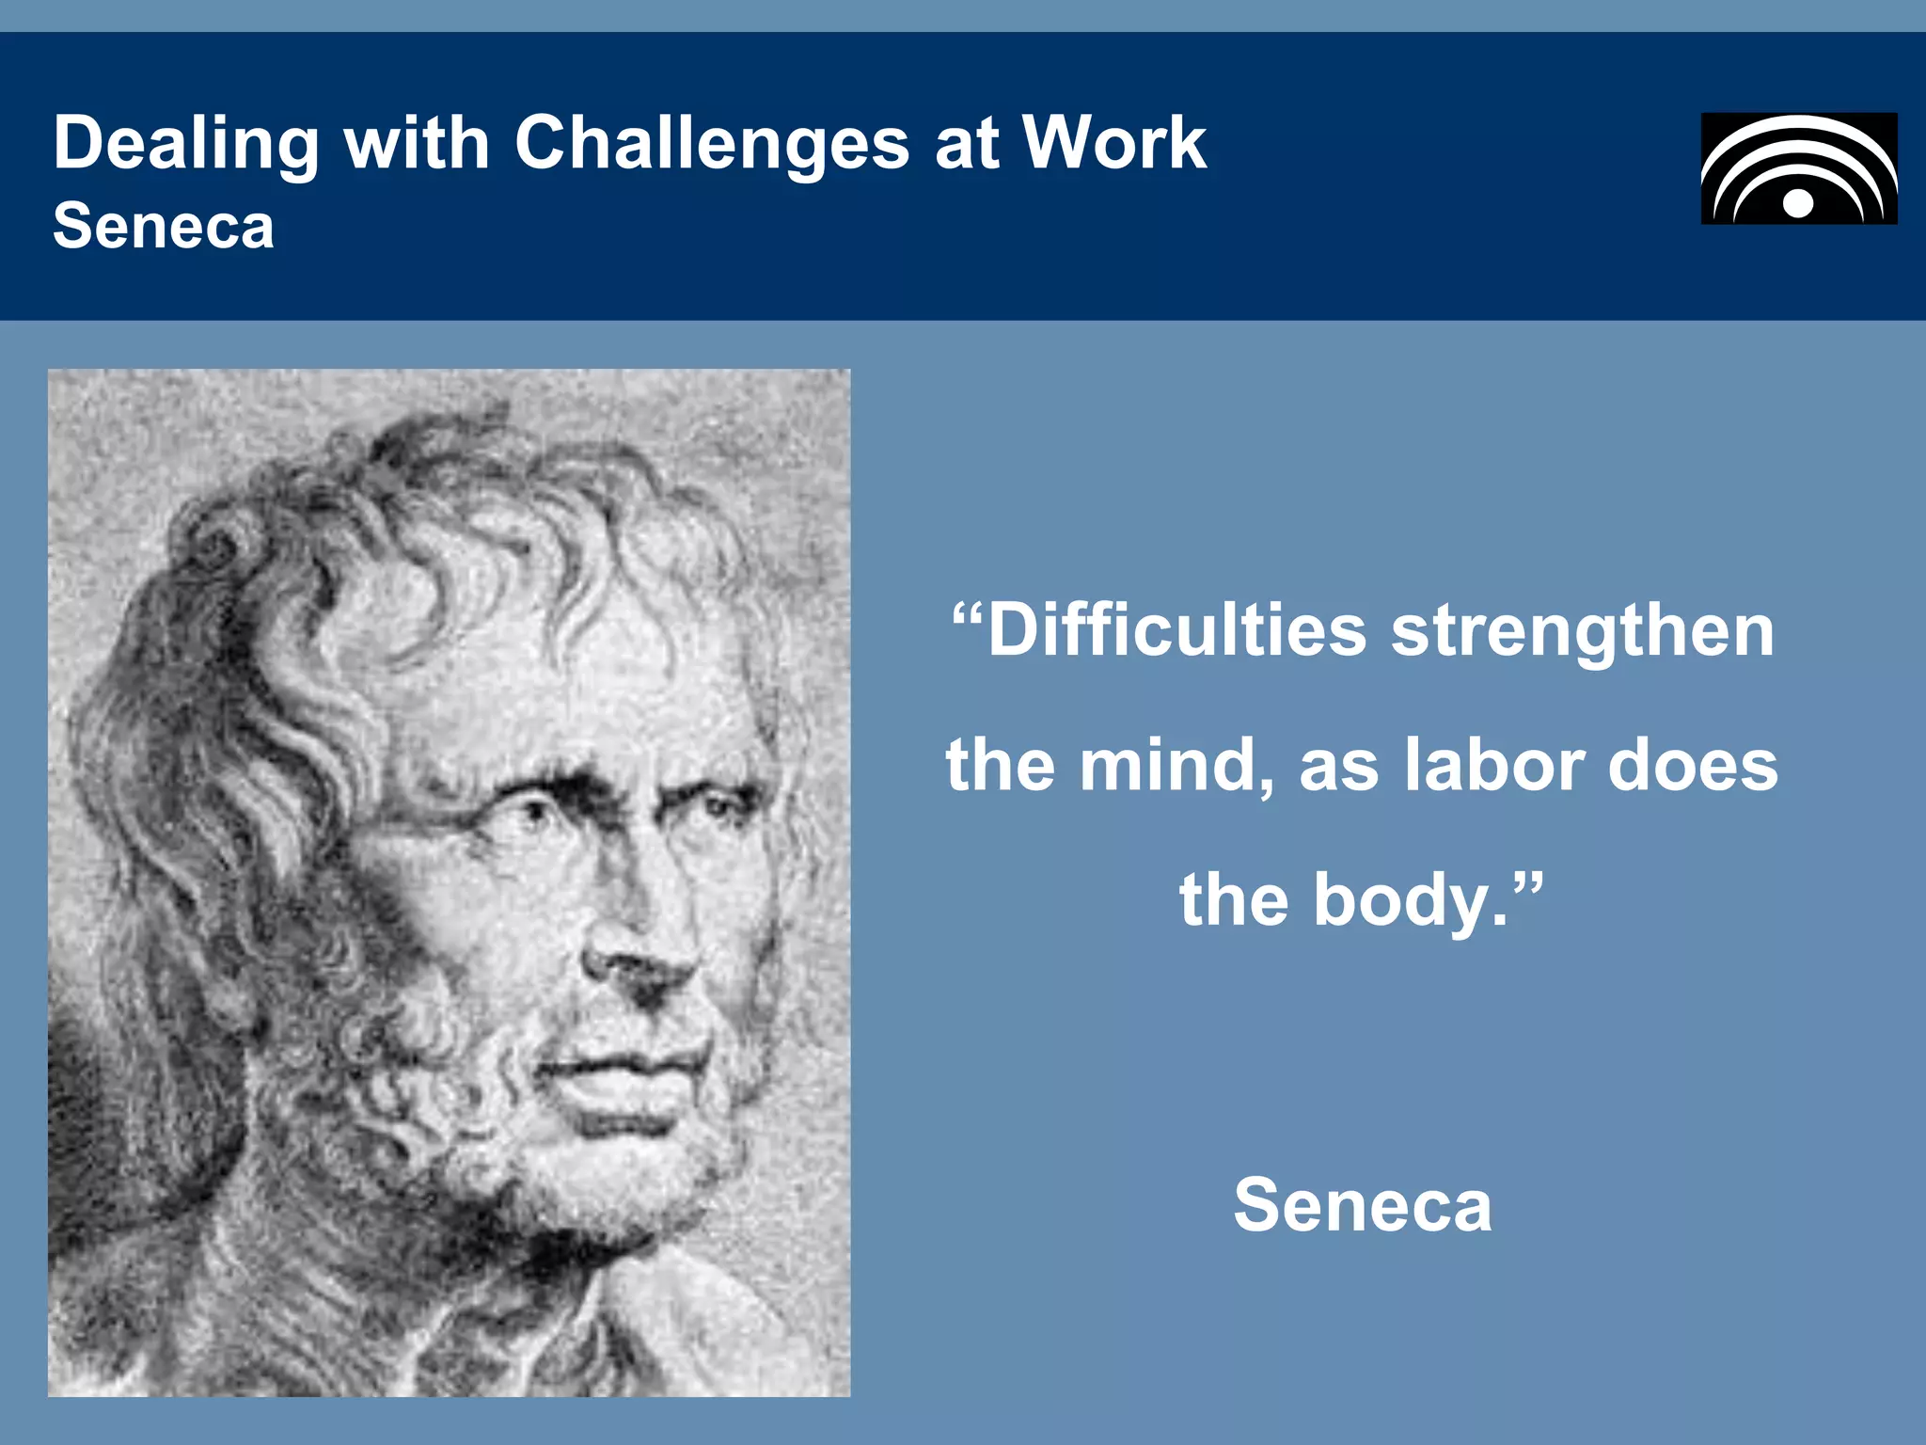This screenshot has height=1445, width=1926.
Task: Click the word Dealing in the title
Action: coord(186,144)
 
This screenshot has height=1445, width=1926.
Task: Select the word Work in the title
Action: coord(1114,144)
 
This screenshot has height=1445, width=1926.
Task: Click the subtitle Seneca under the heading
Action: coord(164,227)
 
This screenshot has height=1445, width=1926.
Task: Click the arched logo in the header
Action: coord(1798,168)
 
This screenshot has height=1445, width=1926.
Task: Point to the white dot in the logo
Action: coord(1798,203)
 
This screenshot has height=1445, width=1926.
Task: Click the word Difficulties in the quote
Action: coord(1176,630)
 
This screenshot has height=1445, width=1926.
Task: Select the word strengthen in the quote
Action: coord(1583,630)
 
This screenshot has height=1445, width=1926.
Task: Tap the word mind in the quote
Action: coord(1174,765)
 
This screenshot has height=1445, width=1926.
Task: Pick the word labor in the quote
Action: coord(1494,765)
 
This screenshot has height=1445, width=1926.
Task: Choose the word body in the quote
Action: coord(1400,900)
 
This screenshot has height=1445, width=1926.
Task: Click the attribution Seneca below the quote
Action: coord(1363,1205)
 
